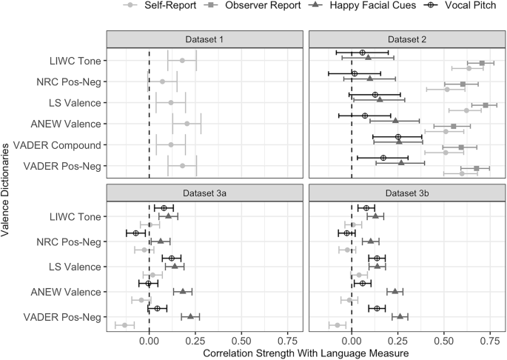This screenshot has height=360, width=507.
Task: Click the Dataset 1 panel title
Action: (204, 40)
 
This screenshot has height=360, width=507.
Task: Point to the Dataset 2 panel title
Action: (406, 40)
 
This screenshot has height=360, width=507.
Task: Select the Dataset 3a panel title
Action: (204, 193)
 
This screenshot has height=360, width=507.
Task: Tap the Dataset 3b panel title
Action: (406, 193)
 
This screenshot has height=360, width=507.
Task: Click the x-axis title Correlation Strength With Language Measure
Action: (305, 353)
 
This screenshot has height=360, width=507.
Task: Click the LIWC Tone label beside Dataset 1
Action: (75, 61)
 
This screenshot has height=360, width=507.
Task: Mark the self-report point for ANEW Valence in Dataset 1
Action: (187, 124)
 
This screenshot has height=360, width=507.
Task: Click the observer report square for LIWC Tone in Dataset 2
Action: (482, 64)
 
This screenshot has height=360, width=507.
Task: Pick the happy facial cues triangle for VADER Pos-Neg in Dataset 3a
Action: (190, 316)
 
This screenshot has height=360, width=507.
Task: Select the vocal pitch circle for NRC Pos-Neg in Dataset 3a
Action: (135, 233)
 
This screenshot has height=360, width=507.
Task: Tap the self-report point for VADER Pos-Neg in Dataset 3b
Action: (338, 324)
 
